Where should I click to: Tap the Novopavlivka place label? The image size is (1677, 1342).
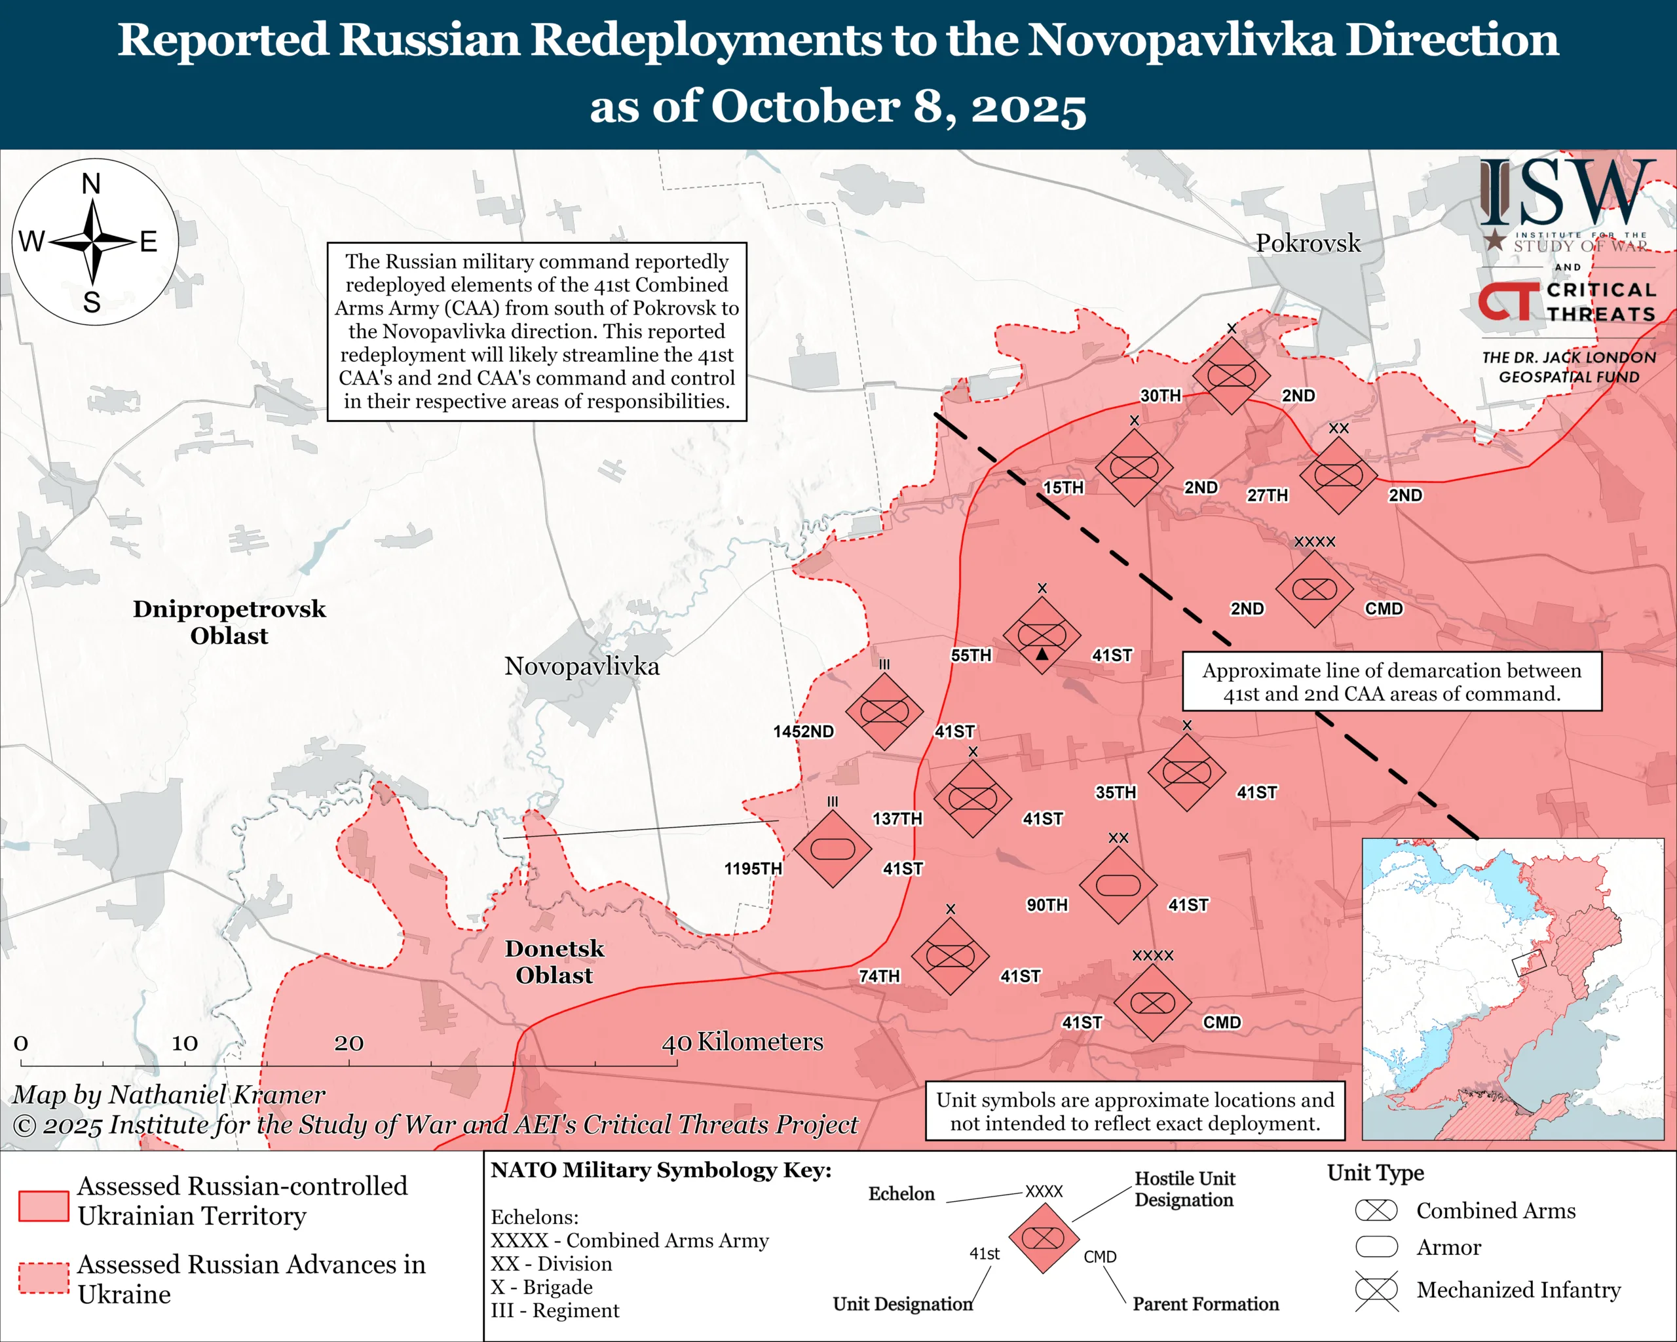(x=581, y=666)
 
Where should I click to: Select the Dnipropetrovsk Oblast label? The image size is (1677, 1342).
(x=229, y=622)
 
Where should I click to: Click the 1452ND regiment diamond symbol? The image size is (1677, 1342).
(x=884, y=711)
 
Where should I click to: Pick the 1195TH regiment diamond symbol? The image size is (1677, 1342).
(x=833, y=849)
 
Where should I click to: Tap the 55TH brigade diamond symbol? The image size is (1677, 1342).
(x=1042, y=635)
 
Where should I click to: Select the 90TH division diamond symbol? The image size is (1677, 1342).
(x=1117, y=885)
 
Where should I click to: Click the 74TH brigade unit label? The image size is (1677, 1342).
(x=879, y=976)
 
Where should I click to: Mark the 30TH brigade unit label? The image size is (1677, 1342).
(x=1161, y=395)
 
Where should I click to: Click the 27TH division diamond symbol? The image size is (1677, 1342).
(x=1338, y=474)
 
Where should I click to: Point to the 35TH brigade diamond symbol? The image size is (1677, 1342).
(x=1186, y=773)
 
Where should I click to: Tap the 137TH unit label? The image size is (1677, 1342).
(x=897, y=818)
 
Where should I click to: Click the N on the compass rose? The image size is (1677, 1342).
(x=92, y=184)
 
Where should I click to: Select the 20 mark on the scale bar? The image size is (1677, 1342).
(x=349, y=1043)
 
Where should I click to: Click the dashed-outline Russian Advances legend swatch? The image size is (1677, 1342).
(x=43, y=1278)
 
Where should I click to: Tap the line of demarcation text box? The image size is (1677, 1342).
(x=1391, y=681)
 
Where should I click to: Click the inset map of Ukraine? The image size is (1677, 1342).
(x=1512, y=989)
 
